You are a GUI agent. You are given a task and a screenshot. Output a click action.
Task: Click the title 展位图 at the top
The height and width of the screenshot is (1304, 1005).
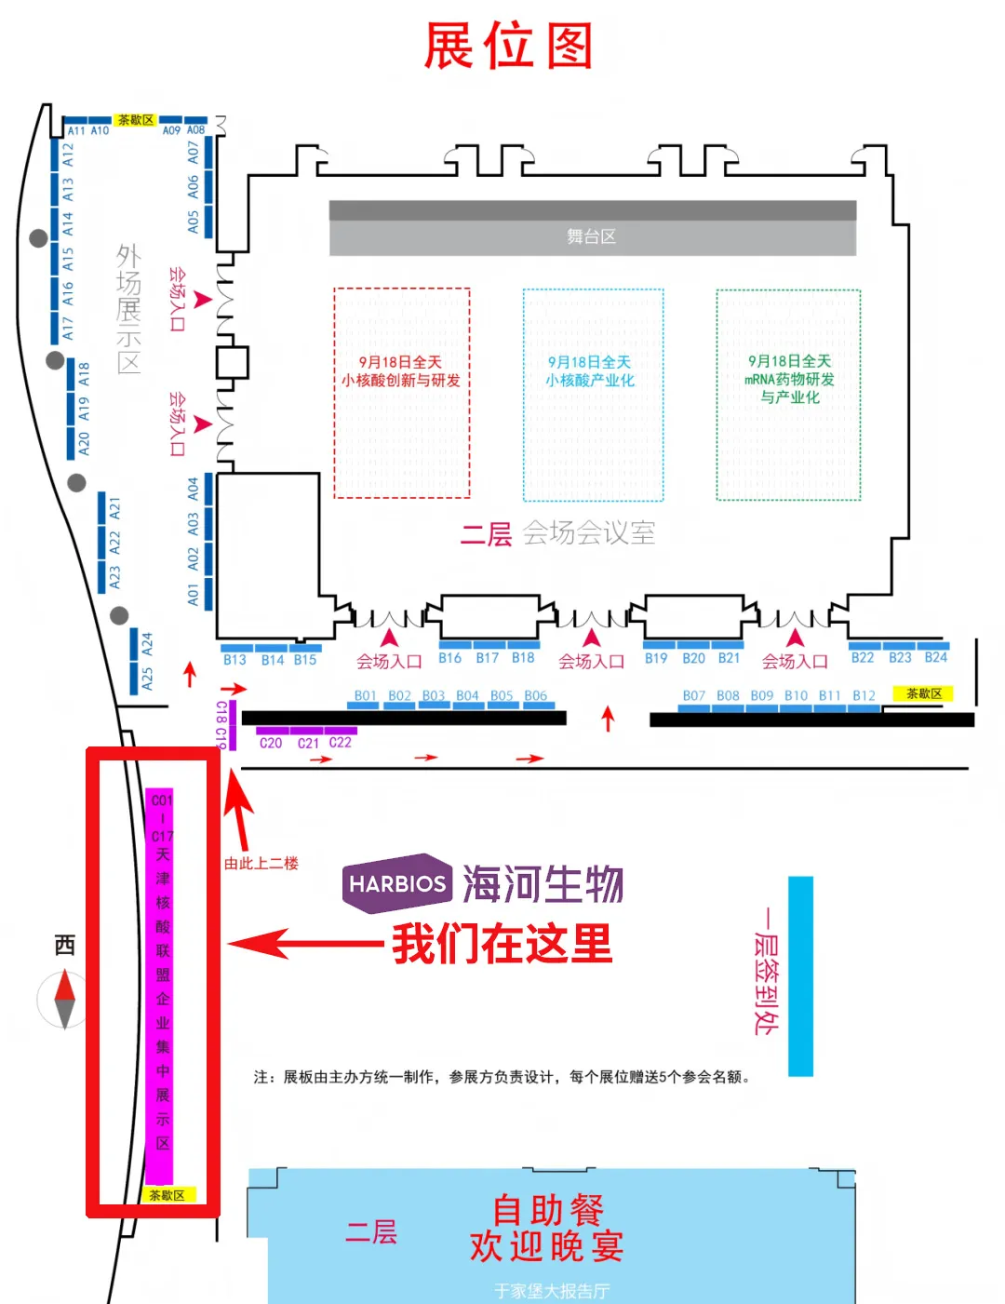508,47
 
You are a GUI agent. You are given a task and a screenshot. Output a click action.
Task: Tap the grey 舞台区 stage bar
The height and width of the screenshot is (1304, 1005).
592,229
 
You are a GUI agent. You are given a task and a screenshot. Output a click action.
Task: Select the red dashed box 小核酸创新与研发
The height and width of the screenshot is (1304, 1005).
401,393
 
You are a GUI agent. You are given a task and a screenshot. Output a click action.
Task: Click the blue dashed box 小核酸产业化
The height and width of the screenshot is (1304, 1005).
593,395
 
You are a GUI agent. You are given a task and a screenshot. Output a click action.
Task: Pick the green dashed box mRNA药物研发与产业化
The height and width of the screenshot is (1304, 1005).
788,395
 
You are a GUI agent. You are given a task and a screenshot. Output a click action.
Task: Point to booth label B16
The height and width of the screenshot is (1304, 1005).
450,658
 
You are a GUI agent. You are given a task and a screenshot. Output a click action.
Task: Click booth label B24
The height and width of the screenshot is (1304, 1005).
935,658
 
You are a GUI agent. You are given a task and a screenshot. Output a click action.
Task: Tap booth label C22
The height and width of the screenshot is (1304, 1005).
340,743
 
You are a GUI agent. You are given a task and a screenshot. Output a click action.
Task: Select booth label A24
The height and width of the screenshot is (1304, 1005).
146,643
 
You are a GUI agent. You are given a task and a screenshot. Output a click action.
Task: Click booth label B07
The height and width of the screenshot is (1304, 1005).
693,695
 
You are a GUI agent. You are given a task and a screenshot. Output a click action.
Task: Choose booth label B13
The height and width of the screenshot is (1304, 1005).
234,660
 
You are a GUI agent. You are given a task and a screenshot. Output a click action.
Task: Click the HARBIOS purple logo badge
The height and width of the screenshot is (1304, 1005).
397,882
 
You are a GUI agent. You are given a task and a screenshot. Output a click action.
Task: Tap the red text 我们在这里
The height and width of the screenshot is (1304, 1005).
502,945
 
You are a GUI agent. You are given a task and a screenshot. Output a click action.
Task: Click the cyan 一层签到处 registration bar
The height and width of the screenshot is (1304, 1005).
800,975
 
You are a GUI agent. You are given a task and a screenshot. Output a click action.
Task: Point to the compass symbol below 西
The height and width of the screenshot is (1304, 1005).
64,999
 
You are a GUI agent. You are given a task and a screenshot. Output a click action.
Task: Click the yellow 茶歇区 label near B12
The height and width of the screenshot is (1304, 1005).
923,693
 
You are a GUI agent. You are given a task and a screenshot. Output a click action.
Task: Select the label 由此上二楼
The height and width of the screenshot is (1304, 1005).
261,864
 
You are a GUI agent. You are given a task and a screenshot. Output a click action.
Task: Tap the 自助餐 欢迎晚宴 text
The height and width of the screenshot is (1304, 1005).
547,1229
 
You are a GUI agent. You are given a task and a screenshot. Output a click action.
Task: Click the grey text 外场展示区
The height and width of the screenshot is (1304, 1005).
128,309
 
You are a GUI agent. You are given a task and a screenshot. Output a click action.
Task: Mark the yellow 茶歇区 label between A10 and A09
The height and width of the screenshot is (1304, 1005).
135,120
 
